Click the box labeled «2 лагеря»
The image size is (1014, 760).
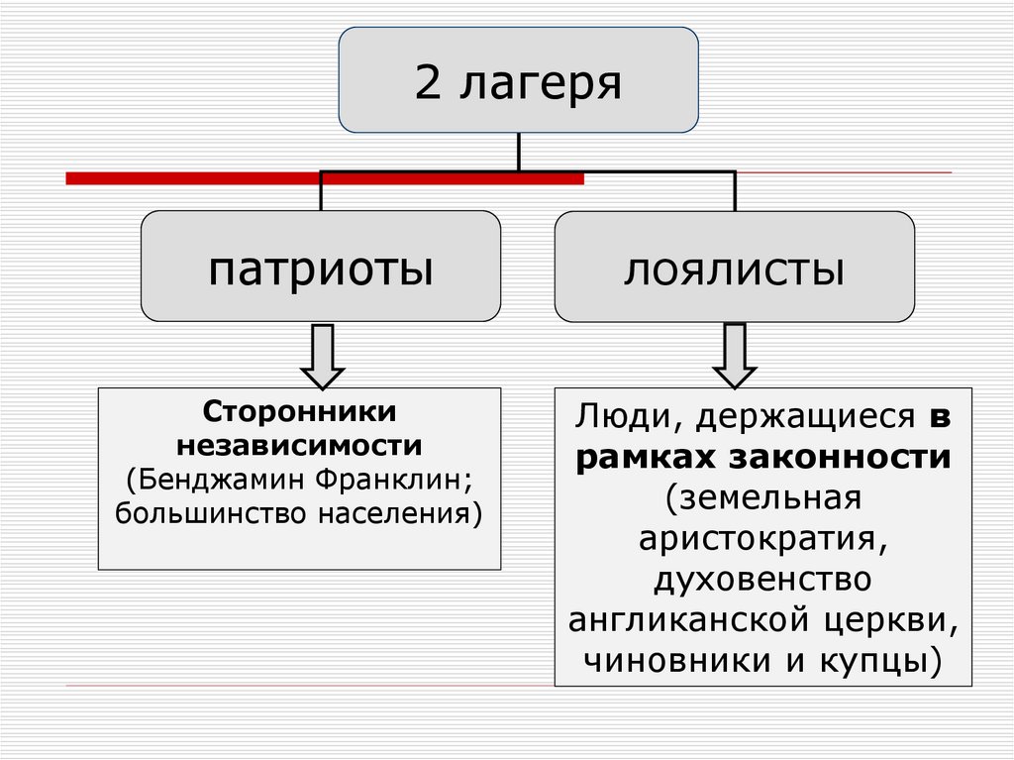(x=518, y=81)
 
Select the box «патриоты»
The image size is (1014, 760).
(x=320, y=266)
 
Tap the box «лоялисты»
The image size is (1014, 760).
(x=734, y=267)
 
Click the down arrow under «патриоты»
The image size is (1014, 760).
(x=322, y=356)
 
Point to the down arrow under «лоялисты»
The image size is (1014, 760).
(x=735, y=356)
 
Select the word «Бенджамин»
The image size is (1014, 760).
(x=227, y=479)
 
